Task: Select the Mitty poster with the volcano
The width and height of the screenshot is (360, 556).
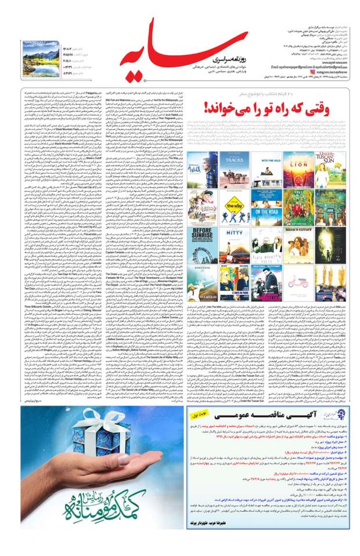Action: point(235,244)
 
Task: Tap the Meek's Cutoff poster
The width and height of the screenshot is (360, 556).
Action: point(298,244)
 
